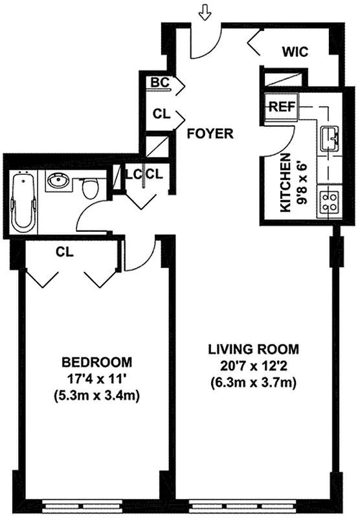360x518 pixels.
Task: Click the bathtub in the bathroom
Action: [24, 201]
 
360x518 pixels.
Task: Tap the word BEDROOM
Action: [96, 361]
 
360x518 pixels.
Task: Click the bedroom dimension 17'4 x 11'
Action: [96, 378]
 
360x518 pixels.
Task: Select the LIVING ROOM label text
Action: [253, 350]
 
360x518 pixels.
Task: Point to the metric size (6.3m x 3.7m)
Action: [253, 383]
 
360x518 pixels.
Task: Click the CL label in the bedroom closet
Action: [63, 251]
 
